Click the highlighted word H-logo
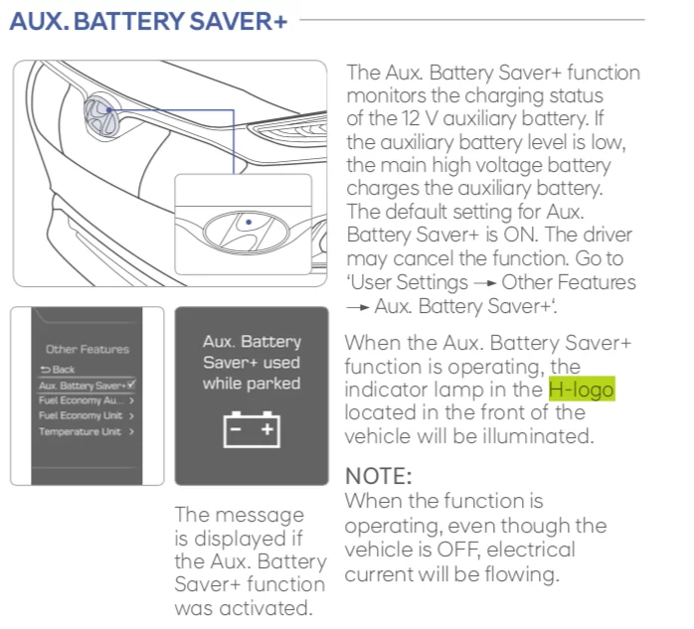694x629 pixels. (x=582, y=390)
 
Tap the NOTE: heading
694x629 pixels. (x=379, y=476)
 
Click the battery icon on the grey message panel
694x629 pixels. (x=252, y=429)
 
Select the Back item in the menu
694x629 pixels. (x=58, y=370)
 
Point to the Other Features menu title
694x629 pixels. (x=87, y=349)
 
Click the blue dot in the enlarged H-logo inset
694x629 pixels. (x=249, y=222)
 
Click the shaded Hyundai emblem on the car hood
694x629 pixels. (x=101, y=117)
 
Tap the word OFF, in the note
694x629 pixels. (x=458, y=550)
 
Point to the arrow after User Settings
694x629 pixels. (x=484, y=282)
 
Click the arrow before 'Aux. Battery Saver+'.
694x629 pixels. (x=358, y=306)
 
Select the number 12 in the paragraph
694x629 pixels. (x=410, y=118)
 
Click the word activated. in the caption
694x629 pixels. (x=266, y=608)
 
